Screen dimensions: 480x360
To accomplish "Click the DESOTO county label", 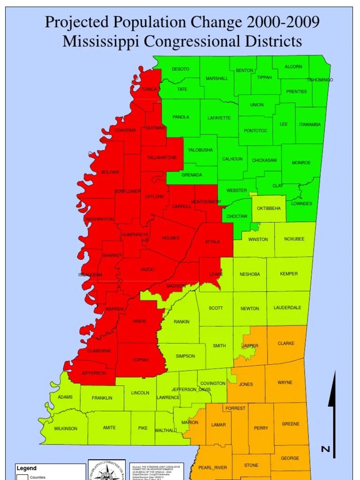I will tap(180, 69).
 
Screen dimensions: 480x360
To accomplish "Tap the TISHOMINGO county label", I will tap(320, 80).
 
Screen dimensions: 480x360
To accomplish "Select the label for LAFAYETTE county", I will tap(219, 118).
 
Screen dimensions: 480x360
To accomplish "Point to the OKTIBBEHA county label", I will tap(269, 208).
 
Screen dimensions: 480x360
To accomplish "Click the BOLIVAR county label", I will tap(110, 172).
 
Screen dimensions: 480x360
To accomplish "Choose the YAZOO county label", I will tap(147, 270).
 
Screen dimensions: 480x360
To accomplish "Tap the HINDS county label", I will tap(140, 322).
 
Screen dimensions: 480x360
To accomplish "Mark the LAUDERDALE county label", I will tap(287, 308).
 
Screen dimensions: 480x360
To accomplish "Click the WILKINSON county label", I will tap(65, 428).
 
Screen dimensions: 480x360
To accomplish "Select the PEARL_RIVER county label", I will tap(213, 468).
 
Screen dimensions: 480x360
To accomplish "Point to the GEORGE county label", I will tap(290, 458).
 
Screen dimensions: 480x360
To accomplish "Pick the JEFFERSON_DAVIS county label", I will tap(191, 390).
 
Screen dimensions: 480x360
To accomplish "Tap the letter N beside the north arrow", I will tap(325, 450).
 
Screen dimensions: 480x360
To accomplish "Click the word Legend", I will tap(27, 468).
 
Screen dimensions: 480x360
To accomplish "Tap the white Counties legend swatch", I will tap(22, 477).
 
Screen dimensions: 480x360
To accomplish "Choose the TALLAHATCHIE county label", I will tap(162, 158).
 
